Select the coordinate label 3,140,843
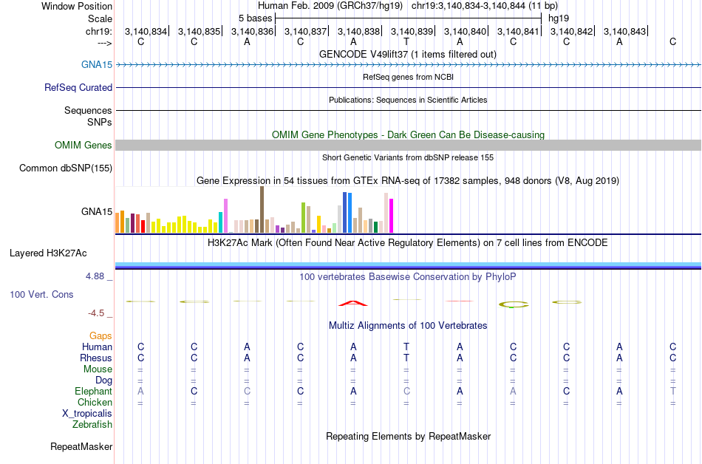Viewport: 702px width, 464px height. [624, 31]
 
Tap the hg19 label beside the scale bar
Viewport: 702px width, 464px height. [559, 18]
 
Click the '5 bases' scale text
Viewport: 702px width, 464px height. [255, 18]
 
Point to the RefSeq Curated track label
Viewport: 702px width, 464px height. [78, 87]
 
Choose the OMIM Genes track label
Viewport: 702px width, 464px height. [84, 145]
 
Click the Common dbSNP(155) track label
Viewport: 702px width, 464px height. [65, 168]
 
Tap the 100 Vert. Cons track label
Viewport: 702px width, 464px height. [41, 294]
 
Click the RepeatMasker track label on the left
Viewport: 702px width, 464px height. [81, 446]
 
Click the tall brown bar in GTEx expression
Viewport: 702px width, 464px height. [262, 210]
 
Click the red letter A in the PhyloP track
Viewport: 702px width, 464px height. [353, 302]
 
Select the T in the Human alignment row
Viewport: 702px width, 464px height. [406, 347]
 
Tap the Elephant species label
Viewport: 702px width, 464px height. [93, 391]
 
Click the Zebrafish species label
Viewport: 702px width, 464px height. [92, 424]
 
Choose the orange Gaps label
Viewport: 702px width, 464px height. [100, 335]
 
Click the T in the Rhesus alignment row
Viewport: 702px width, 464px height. [406, 358]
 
